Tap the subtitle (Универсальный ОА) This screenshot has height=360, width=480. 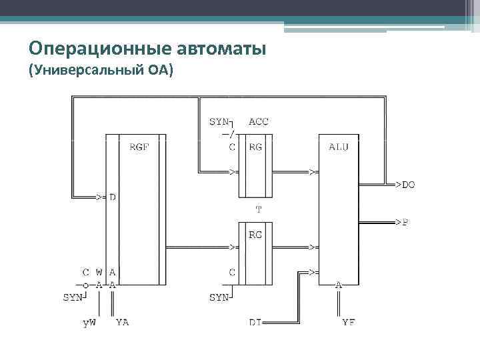pos(101,70)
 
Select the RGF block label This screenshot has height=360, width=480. pos(139,147)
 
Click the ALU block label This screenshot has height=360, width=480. pos(339,147)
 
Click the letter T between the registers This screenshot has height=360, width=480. pos(259,209)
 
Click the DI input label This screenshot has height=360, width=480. pos(255,323)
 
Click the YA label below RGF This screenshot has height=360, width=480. pos(123,323)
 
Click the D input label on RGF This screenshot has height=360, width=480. pos(112,197)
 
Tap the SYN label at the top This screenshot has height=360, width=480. pos(218,122)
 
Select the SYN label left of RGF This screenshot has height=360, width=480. pos(73,297)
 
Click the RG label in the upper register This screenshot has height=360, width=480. pos(255,147)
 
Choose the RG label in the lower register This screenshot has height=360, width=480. pos(255,235)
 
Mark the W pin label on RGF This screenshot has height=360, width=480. pos(99,272)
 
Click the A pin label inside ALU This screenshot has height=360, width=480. pos(339,285)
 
